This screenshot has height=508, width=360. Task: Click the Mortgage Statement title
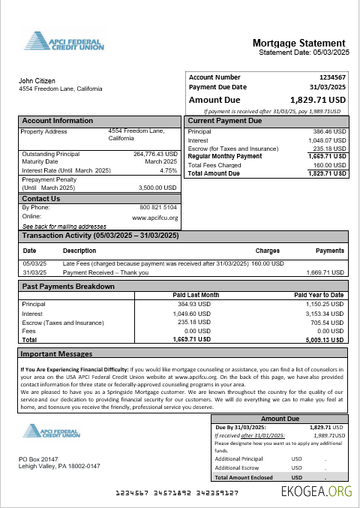[x=298, y=43]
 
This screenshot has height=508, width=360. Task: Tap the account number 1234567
[x=331, y=77]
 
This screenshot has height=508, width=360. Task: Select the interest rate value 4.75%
[x=168, y=170]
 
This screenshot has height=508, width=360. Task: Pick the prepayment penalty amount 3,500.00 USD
[x=158, y=188]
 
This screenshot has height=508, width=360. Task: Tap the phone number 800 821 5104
[x=158, y=207]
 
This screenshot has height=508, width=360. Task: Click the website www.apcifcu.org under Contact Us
[x=154, y=218]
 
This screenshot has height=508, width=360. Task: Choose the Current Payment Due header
[x=224, y=121]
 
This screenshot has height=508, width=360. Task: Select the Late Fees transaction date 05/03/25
[x=34, y=263]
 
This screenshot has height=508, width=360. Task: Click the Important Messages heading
[x=56, y=353]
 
